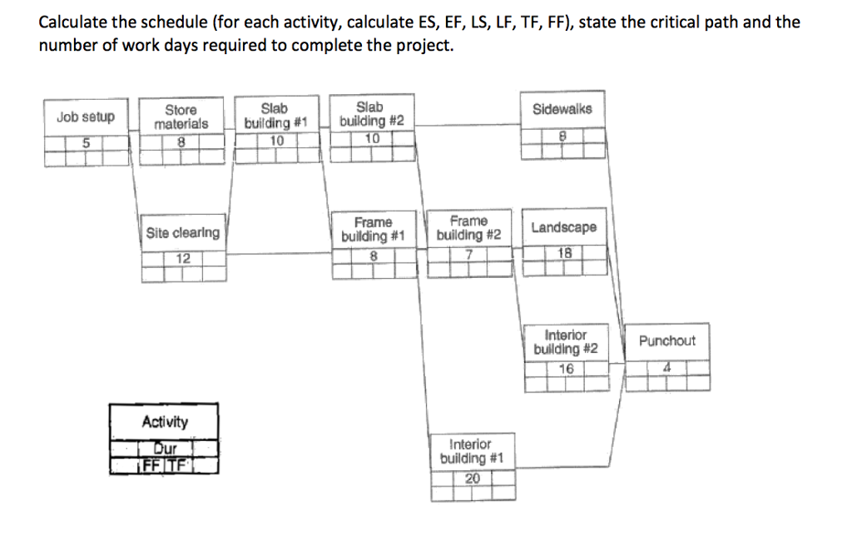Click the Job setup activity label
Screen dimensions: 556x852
pyautogui.click(x=86, y=117)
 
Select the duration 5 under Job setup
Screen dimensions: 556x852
pyautogui.click(x=86, y=141)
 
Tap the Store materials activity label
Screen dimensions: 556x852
pyautogui.click(x=181, y=117)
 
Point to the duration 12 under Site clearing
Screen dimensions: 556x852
pyautogui.click(x=183, y=258)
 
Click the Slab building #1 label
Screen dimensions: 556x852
pyautogui.click(x=275, y=116)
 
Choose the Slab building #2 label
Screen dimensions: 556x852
pyautogui.click(x=372, y=114)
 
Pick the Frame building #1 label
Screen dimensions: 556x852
pyautogui.click(x=373, y=229)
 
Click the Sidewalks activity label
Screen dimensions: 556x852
pyautogui.click(x=562, y=109)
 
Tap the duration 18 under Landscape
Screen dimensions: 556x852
pyautogui.click(x=564, y=253)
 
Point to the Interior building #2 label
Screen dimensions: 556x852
pyautogui.click(x=566, y=341)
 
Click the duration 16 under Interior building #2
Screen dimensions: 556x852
pyautogui.click(x=566, y=368)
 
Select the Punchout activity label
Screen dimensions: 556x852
pyautogui.click(x=667, y=341)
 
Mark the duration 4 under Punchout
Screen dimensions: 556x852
pyautogui.click(x=667, y=367)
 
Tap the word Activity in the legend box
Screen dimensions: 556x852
pyautogui.click(x=165, y=422)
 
